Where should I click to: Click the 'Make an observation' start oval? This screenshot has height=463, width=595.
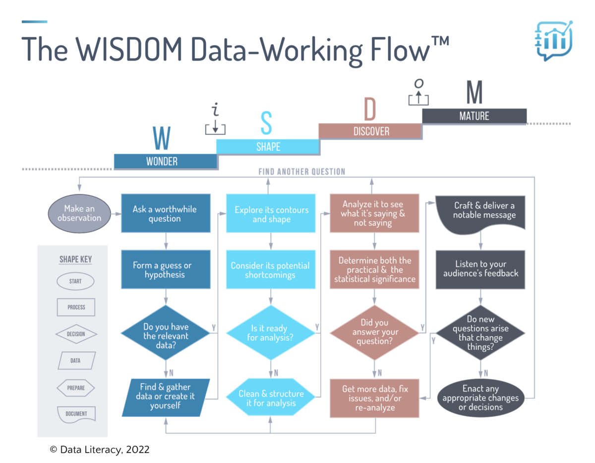click(79, 213)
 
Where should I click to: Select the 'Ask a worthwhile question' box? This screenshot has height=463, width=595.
click(165, 213)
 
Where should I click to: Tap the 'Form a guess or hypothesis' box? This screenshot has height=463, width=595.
click(165, 269)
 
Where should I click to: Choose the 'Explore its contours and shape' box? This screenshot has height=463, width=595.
click(271, 214)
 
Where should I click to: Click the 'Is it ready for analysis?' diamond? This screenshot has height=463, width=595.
click(271, 333)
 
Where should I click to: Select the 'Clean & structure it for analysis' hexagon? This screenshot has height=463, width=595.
click(271, 398)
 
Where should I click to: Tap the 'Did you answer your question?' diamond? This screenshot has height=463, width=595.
click(375, 332)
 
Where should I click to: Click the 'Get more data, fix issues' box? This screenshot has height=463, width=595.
click(375, 398)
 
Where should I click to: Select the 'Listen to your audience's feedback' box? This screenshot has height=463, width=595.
click(480, 268)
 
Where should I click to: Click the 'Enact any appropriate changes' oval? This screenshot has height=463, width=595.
click(480, 398)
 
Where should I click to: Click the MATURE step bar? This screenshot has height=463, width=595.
click(474, 116)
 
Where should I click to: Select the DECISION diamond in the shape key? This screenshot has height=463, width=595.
click(75, 334)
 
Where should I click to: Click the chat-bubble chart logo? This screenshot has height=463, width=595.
click(553, 40)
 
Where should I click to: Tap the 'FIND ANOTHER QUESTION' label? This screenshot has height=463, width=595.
click(301, 172)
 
